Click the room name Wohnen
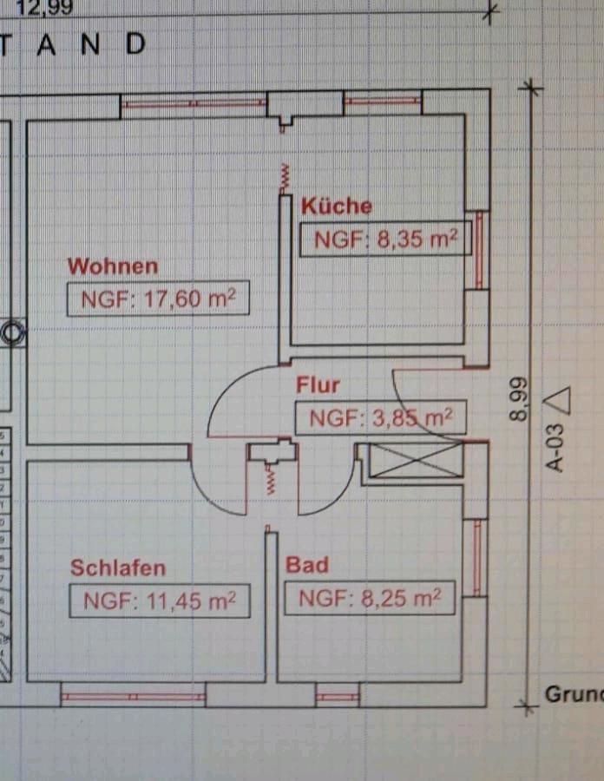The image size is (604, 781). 113,266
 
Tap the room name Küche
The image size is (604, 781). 336,206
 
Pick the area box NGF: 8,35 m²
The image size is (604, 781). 385,240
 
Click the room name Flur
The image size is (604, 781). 318,384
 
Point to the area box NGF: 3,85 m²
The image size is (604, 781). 381,418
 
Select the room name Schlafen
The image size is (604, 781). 117,568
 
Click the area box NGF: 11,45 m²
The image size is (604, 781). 159,601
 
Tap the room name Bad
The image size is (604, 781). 307,566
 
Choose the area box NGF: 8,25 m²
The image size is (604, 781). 370,598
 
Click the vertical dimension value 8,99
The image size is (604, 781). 518,399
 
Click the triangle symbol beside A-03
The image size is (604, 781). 560,401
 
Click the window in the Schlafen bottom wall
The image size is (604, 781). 133,696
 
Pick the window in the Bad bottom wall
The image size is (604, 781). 337,696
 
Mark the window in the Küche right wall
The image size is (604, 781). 476,250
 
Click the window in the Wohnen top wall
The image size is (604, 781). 193,103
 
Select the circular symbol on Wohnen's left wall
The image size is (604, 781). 14,331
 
